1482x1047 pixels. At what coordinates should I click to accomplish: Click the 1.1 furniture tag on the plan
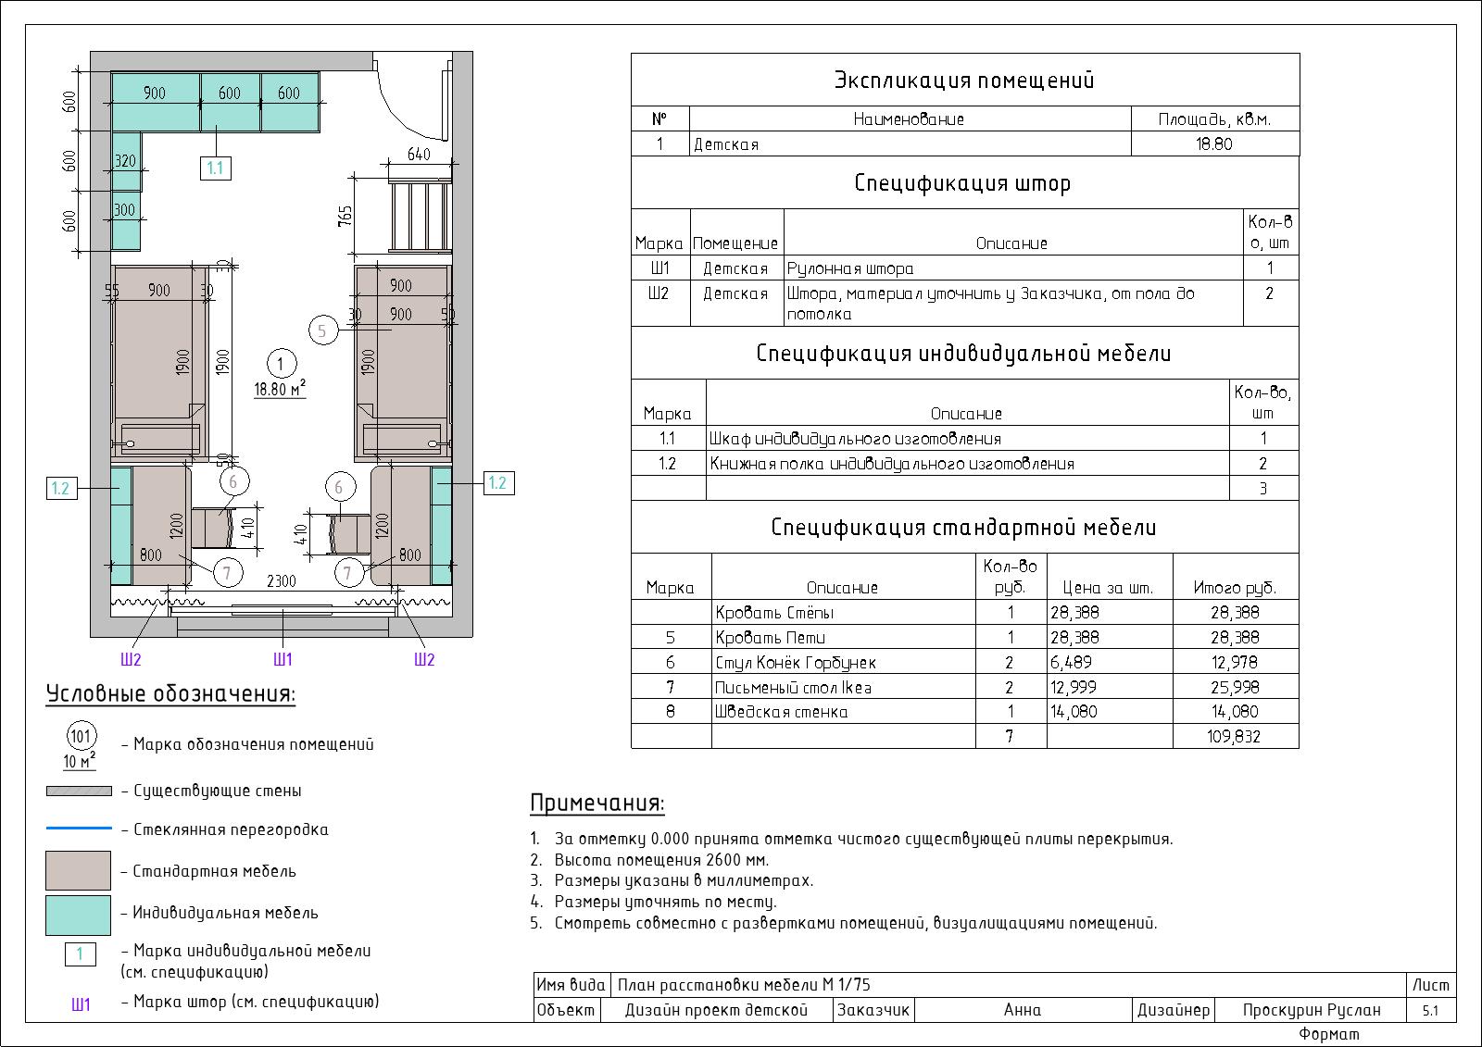pyautogui.click(x=216, y=168)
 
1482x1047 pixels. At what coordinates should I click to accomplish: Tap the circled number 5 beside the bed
pyautogui.click(x=323, y=330)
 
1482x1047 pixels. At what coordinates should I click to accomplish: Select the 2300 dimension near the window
pyautogui.click(x=282, y=581)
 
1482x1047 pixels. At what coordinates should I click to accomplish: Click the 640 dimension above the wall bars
pyautogui.click(x=419, y=154)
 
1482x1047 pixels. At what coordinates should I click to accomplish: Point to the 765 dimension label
pyautogui.click(x=345, y=217)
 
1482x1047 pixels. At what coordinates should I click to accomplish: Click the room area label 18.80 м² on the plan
pyautogui.click(x=280, y=389)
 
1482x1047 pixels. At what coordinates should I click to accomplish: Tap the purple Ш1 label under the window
pyautogui.click(x=283, y=659)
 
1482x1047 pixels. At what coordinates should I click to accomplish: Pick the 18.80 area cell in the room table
pyautogui.click(x=1214, y=143)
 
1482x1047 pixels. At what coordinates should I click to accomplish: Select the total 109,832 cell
pyautogui.click(x=1236, y=736)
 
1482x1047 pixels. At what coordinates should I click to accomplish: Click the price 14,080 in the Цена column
pyautogui.click(x=1074, y=712)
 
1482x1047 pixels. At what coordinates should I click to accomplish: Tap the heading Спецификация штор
pyautogui.click(x=962, y=182)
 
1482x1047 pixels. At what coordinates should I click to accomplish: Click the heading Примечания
pyautogui.click(x=597, y=803)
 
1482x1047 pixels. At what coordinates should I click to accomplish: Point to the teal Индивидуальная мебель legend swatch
pyautogui.click(x=78, y=916)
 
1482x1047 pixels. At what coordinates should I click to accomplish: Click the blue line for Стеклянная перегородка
pyautogui.click(x=79, y=828)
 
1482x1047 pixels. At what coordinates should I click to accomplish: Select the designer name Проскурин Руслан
pyautogui.click(x=1312, y=1010)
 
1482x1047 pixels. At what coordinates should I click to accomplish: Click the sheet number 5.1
pyautogui.click(x=1430, y=1011)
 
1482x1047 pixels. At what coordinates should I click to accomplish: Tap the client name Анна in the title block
pyautogui.click(x=1023, y=1010)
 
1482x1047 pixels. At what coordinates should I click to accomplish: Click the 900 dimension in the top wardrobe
pyautogui.click(x=155, y=93)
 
